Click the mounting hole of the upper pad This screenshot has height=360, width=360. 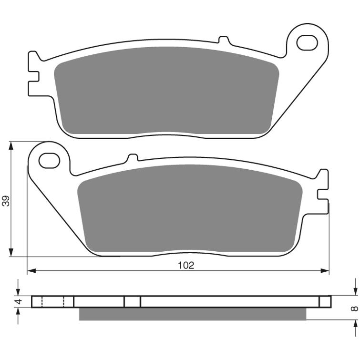(307, 42)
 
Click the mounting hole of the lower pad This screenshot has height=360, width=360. (49, 160)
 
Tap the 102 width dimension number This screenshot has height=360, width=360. (186, 265)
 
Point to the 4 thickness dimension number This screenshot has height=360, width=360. (18, 302)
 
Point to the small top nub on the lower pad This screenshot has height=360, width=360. (133, 157)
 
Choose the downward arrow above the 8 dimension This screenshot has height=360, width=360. (355, 291)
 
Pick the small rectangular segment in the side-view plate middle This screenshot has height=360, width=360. (132, 302)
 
